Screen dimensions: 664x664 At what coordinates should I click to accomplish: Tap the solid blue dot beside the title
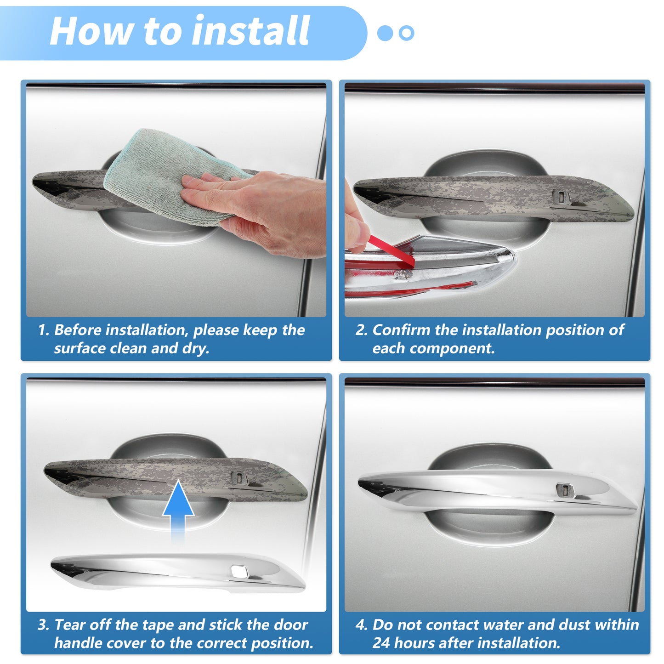pyautogui.click(x=385, y=33)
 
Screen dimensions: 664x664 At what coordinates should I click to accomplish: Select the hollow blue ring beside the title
pyautogui.click(x=406, y=33)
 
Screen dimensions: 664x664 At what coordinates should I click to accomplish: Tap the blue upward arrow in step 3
pyautogui.click(x=178, y=511)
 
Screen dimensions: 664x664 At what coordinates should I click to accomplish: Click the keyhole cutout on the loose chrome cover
pyautogui.click(x=239, y=571)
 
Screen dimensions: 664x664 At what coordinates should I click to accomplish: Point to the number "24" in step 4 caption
pyautogui.click(x=381, y=643)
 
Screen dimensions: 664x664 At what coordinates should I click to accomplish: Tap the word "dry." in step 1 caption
pyautogui.click(x=196, y=348)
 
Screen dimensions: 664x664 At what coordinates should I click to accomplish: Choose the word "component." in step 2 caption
pyautogui.click(x=452, y=349)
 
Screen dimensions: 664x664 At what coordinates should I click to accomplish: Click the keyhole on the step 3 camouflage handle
pyautogui.click(x=239, y=478)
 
